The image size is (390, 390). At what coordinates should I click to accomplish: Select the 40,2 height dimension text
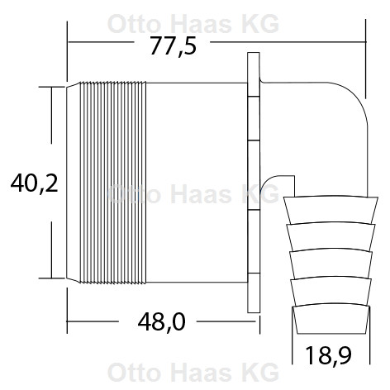click(x=32, y=183)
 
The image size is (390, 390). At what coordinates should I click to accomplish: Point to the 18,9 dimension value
click(x=329, y=357)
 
